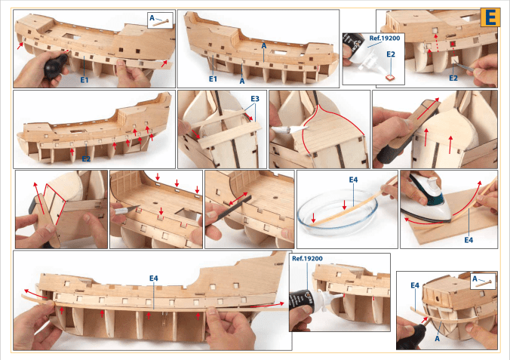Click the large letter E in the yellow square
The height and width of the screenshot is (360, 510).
(490, 17)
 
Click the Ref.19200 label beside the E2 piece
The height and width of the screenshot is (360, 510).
(385, 38)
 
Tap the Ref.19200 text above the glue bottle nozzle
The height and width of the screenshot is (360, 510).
(307, 258)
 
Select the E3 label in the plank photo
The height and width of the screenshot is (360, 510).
(255, 99)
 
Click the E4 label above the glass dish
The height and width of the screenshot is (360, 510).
(354, 180)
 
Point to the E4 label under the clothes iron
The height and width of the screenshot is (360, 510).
(469, 240)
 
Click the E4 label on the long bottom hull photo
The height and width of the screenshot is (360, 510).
(154, 278)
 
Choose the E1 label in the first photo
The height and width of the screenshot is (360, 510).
(84, 80)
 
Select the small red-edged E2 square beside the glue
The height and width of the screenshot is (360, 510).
(390, 78)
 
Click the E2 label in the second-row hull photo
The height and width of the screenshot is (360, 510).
(86, 158)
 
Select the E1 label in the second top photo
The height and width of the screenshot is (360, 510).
(213, 78)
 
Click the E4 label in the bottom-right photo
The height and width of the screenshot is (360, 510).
(415, 285)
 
